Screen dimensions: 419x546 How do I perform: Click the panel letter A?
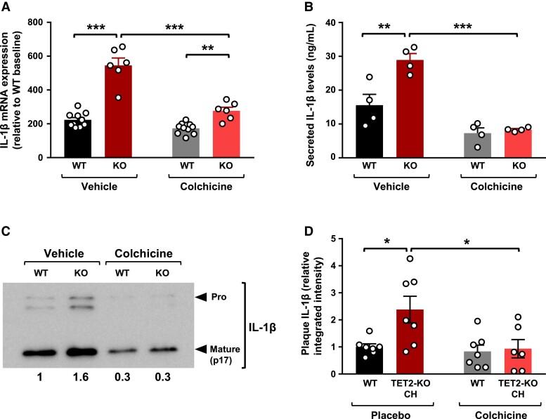(7, 8)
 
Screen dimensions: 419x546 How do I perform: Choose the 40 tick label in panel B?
(322, 22)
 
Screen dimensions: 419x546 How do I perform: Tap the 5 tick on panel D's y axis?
(325, 239)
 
